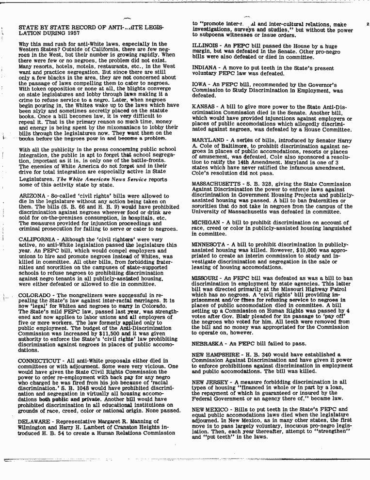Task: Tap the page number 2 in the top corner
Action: click(x=368, y=24)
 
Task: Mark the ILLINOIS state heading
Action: click(x=205, y=46)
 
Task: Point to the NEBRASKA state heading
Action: click(x=208, y=329)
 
